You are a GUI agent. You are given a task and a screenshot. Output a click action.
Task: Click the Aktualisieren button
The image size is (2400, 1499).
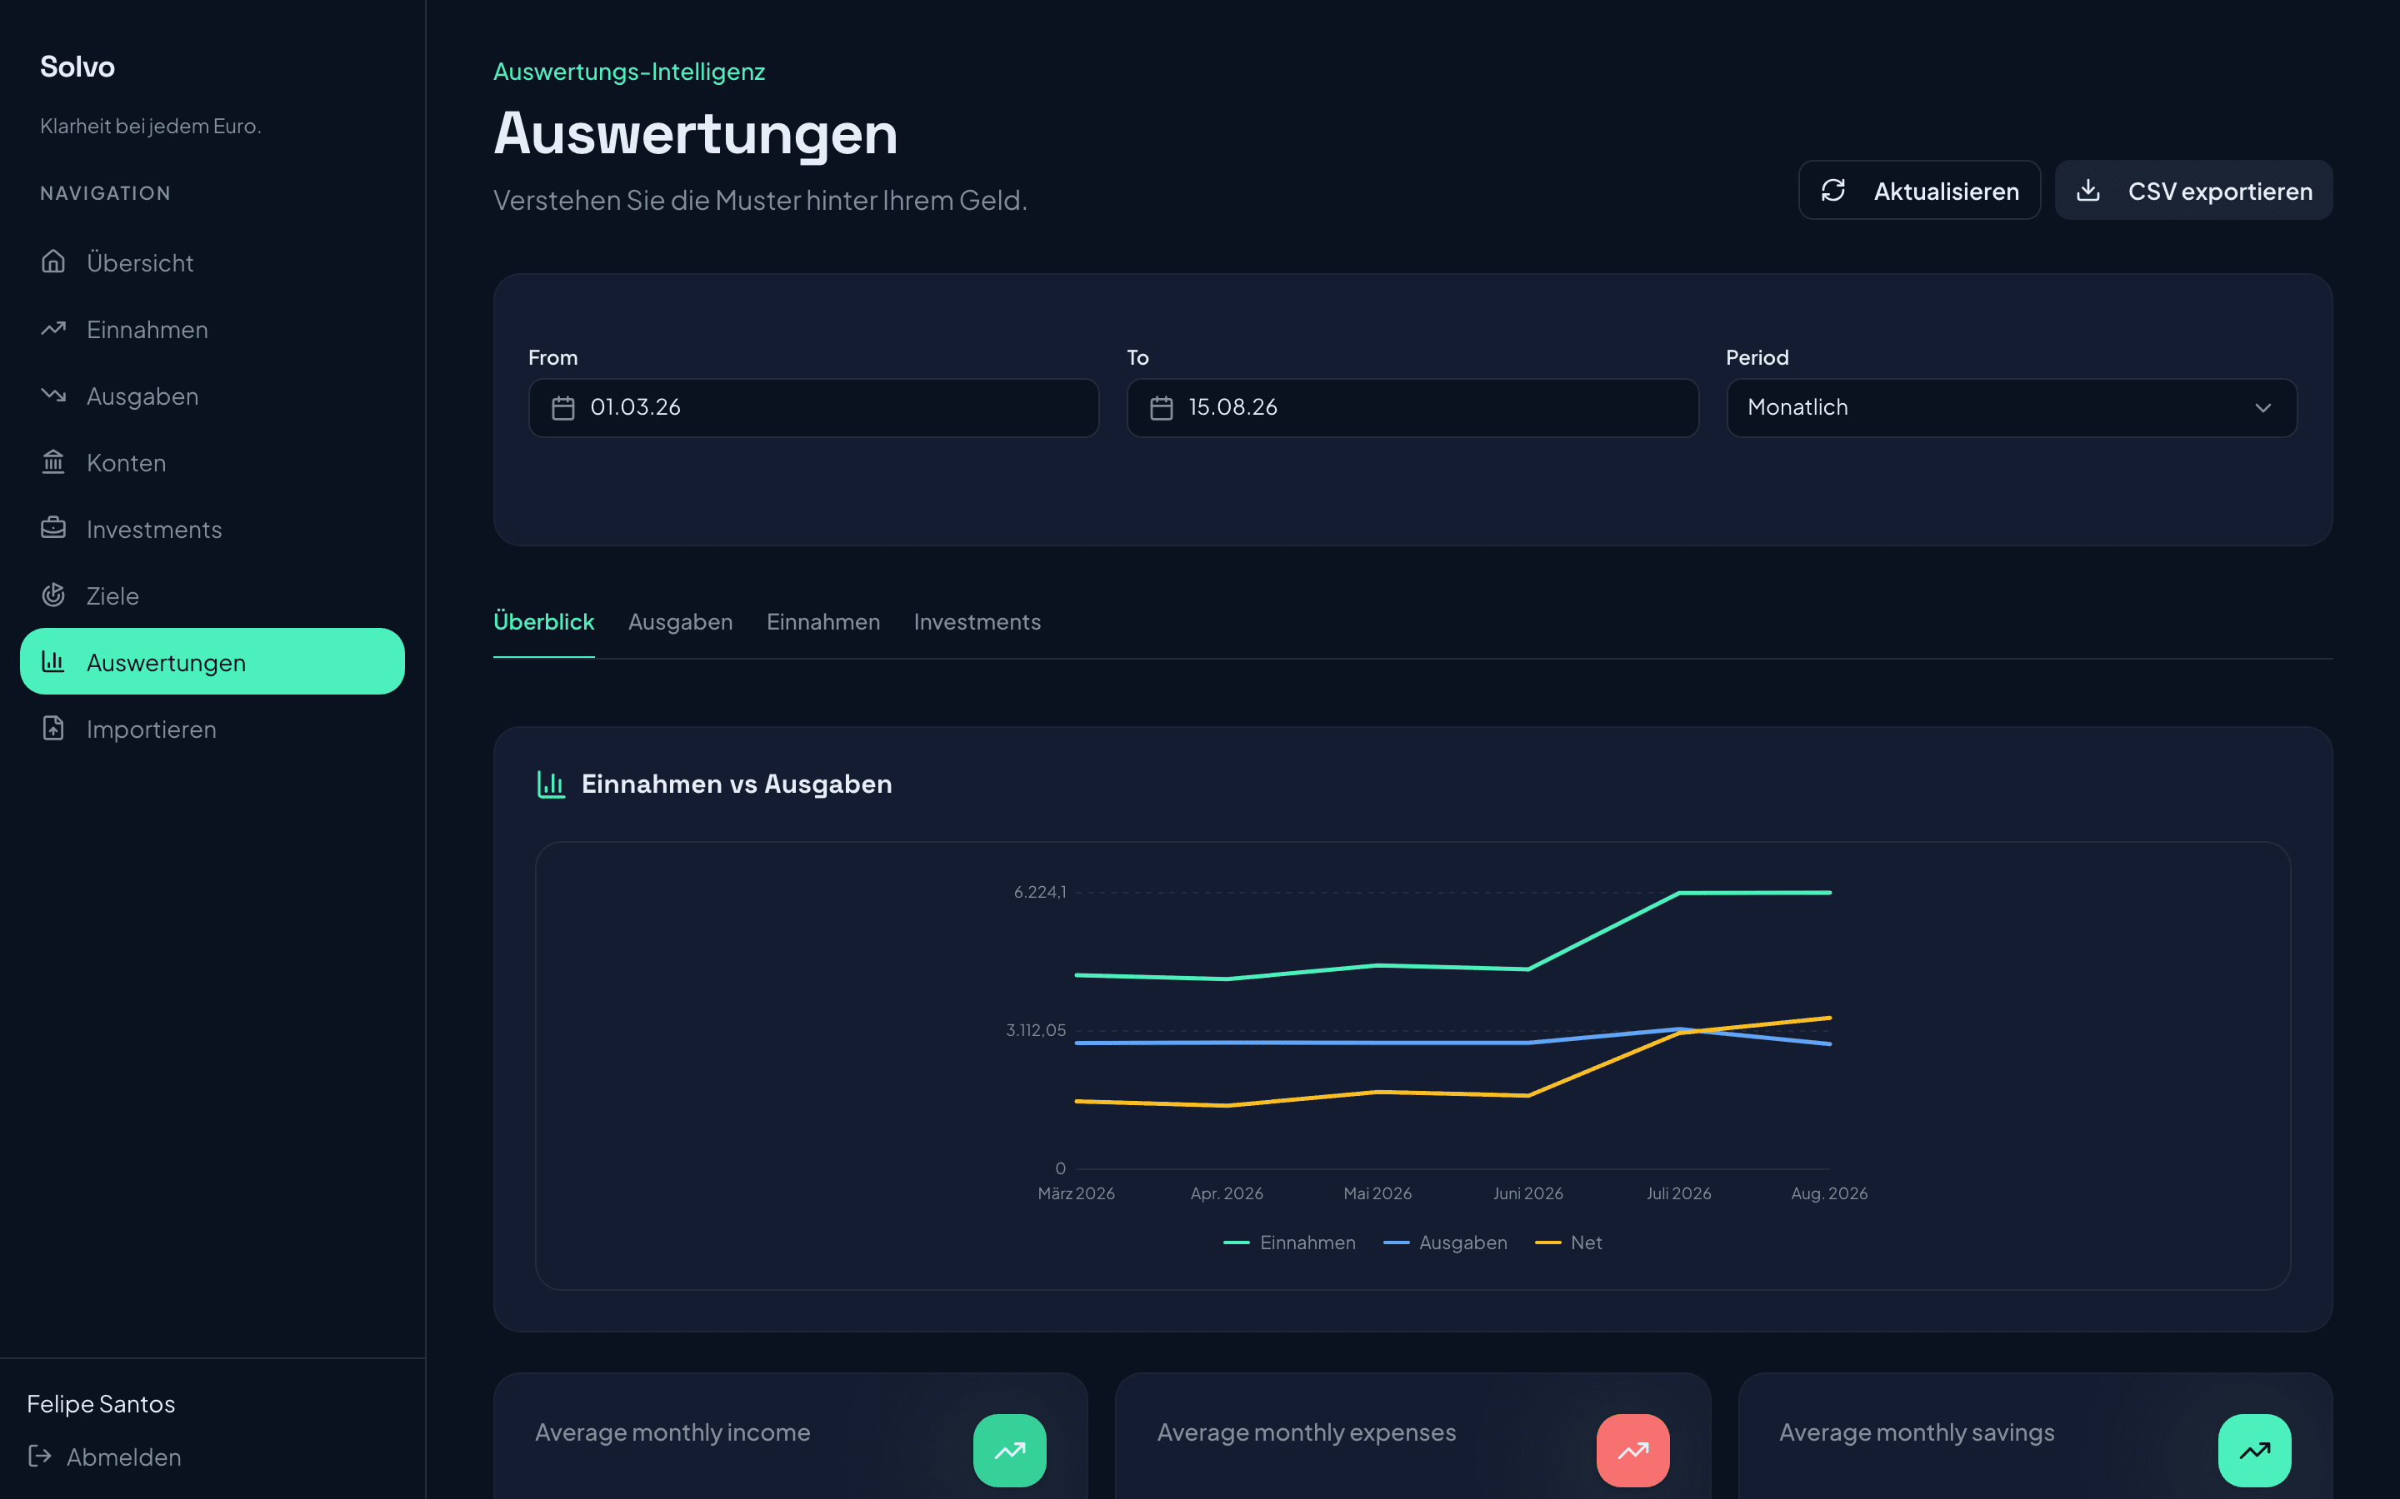(1919, 191)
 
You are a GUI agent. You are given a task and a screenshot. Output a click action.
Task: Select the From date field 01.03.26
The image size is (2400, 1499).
(813, 407)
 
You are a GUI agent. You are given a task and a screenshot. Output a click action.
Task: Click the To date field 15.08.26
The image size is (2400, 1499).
(1412, 407)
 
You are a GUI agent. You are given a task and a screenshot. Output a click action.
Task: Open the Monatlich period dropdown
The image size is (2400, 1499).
(2011, 407)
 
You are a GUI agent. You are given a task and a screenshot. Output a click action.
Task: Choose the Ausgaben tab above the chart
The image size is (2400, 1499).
(680, 621)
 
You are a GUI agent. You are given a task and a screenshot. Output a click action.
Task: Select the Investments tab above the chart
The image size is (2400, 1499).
(977, 621)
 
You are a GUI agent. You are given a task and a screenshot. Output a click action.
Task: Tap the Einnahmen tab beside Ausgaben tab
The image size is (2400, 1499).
(823, 621)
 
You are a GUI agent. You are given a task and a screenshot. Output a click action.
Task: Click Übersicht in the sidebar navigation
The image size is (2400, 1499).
(140, 262)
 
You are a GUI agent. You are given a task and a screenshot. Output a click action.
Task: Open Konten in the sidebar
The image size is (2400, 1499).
(126, 463)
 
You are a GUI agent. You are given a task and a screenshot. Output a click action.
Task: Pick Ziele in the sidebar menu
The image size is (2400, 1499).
(112, 595)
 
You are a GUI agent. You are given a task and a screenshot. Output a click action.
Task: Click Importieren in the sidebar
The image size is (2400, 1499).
(151, 730)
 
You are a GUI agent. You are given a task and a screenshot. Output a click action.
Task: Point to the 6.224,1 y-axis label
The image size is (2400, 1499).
(1039, 892)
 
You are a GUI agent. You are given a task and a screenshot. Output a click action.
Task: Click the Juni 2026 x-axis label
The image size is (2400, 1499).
(1528, 1193)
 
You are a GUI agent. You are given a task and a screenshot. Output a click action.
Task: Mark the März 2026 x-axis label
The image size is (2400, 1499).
(1076, 1193)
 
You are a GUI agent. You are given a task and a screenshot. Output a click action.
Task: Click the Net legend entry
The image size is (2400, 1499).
(1569, 1243)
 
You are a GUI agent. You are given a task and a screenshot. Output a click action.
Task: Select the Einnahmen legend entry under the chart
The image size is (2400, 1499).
(1289, 1243)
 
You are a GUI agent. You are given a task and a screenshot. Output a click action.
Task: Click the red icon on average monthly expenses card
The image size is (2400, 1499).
(1632, 1451)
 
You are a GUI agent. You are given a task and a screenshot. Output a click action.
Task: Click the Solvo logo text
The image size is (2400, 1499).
(77, 67)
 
